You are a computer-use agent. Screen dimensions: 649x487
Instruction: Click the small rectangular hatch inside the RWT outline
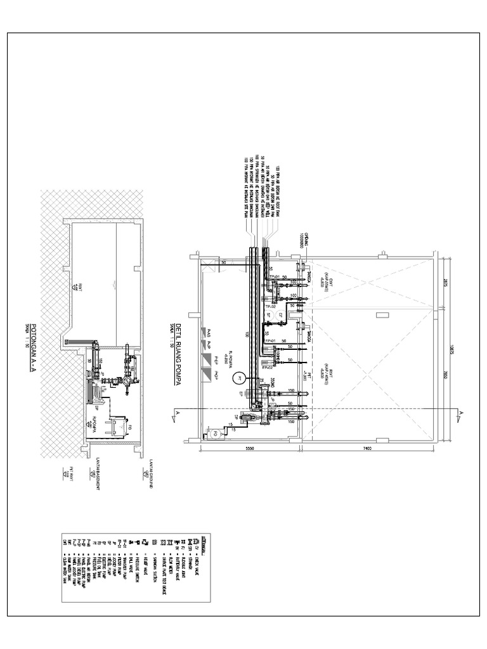click(382, 313)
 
